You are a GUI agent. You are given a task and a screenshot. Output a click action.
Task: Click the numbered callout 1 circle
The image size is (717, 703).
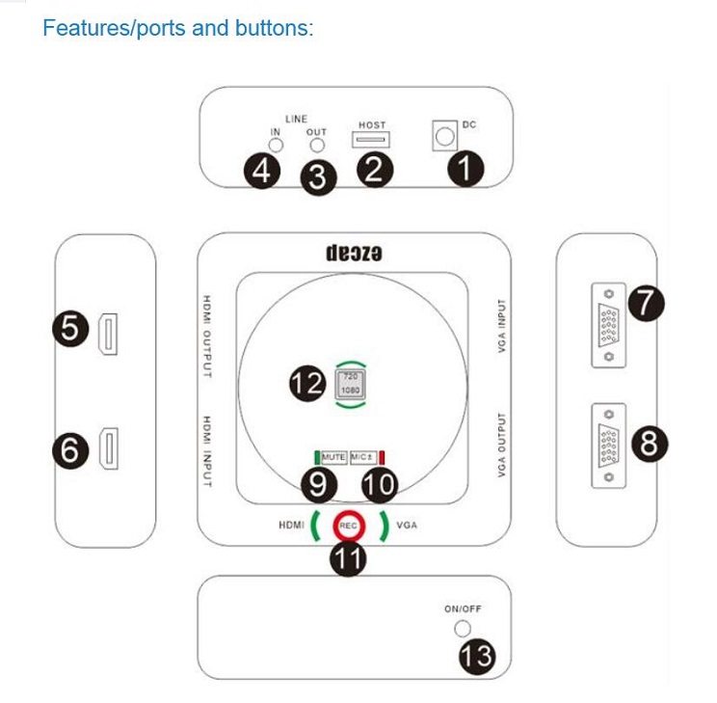coord(466,171)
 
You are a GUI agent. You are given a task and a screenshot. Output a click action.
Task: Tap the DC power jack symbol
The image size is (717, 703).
coord(443,136)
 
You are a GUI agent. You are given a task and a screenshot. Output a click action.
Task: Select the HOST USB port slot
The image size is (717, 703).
coord(372,141)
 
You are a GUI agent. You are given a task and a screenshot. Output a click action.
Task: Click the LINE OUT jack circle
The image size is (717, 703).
coord(318,147)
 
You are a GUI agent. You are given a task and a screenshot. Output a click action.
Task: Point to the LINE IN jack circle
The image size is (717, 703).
coord(277,146)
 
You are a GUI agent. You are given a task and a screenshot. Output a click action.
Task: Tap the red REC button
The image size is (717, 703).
coord(348,527)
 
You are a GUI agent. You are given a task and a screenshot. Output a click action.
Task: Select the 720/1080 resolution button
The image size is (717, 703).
coord(350,384)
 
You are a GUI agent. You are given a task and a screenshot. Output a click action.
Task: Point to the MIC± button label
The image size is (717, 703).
coord(363,457)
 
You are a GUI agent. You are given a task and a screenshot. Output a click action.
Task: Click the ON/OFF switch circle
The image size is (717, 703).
coord(463,629)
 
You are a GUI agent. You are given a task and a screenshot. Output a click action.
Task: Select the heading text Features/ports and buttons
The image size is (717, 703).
coord(177,27)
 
